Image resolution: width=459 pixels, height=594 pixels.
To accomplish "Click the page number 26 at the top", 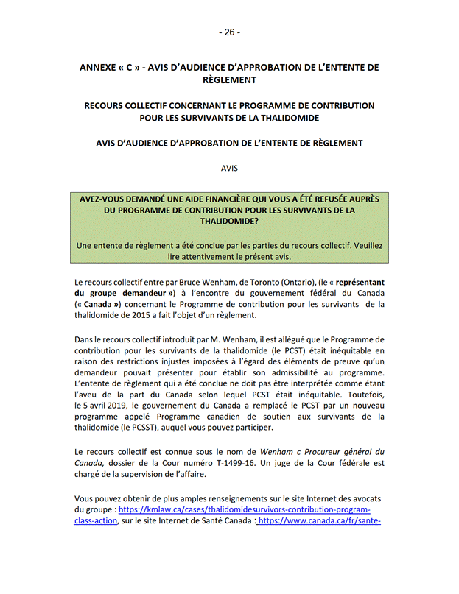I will (229, 32).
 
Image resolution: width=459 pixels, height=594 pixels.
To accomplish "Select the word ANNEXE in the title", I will (99, 67).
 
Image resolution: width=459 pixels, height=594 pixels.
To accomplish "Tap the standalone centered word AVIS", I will (230, 168).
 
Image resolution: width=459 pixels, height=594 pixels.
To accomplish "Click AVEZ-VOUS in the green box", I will (105, 199).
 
